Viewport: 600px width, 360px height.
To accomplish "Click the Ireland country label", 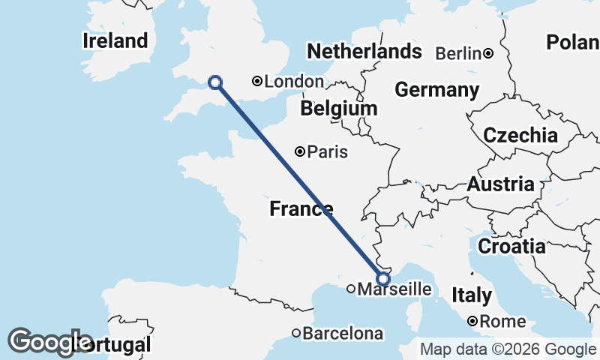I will pyautogui.click(x=115, y=40).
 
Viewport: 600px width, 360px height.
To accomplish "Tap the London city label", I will pyautogui.click(x=295, y=82).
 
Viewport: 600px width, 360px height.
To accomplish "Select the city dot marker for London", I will pyautogui.click(x=257, y=81).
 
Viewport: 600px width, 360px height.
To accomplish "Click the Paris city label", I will pyautogui.click(x=328, y=151).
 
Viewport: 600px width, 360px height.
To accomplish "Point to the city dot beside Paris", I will pyautogui.click(x=300, y=151).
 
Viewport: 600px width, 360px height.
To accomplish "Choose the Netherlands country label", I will pyautogui.click(x=364, y=52).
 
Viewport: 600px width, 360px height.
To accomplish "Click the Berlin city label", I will pyautogui.click(x=457, y=53).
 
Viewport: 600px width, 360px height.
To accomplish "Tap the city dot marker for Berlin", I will pyautogui.click(x=488, y=53).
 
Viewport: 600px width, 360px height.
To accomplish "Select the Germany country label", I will pyautogui.click(x=436, y=90).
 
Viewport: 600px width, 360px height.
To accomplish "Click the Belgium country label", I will pyautogui.click(x=338, y=109).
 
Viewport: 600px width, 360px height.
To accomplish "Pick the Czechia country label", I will pyautogui.click(x=520, y=136).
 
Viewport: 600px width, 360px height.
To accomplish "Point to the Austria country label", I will pyautogui.click(x=501, y=184).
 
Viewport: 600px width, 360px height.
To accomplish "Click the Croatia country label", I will pyautogui.click(x=511, y=246).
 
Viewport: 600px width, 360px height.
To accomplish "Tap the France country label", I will pyautogui.click(x=301, y=209).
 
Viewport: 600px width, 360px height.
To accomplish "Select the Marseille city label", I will pyautogui.click(x=394, y=289).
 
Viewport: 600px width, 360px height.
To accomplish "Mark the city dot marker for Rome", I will pyautogui.click(x=473, y=321).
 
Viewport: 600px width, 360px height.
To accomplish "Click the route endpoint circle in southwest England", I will pyautogui.click(x=215, y=83).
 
